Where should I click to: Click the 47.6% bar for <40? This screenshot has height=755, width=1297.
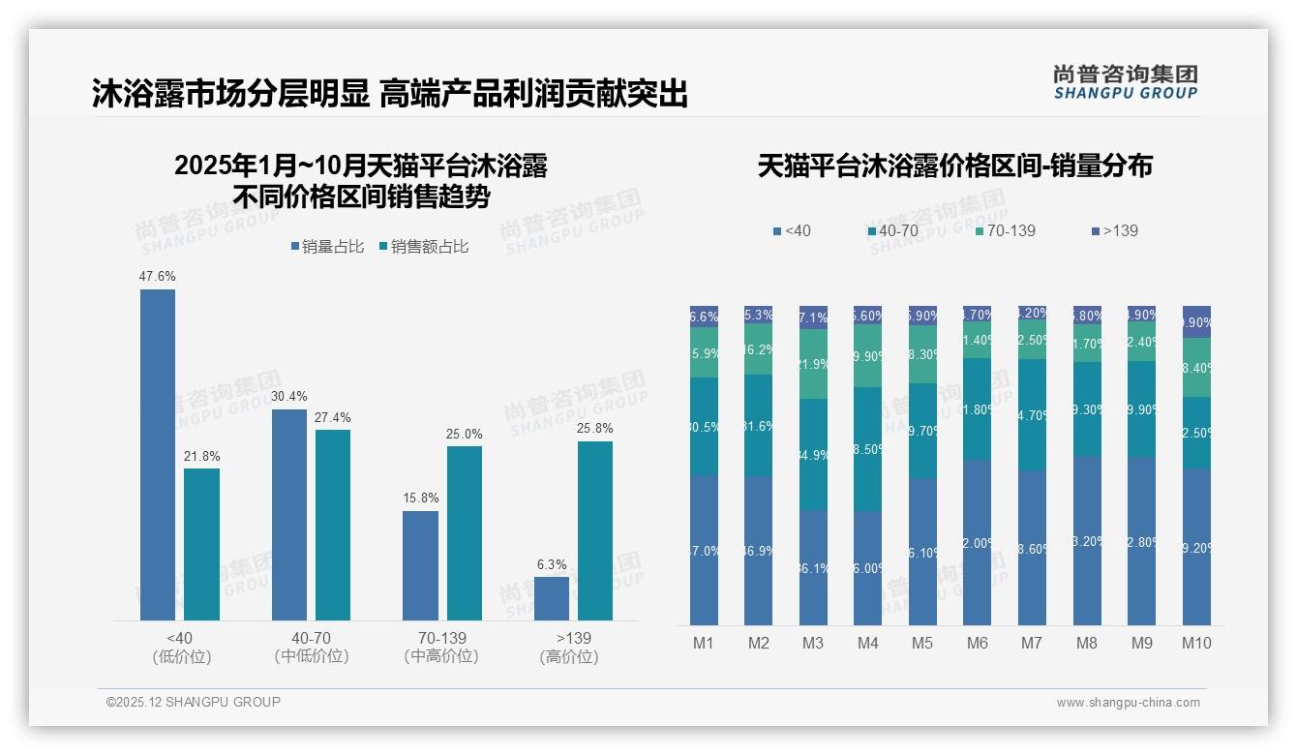pos(158,455)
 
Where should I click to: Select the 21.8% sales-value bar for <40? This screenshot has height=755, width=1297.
pos(201,544)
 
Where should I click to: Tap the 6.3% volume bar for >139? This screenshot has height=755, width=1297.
pos(552,598)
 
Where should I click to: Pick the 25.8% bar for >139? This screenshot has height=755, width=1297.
pos(595,530)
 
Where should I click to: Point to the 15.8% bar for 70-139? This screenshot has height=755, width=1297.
pos(420,565)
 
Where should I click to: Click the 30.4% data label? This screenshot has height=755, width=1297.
pos(289,397)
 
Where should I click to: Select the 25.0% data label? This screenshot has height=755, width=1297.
pos(465,434)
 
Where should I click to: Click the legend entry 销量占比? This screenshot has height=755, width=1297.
pos(327,247)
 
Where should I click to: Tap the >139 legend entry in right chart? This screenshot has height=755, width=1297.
pos(1115,231)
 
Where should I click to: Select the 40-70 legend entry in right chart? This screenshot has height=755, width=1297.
pos(892,231)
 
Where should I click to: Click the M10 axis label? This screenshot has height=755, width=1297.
pos(1196,643)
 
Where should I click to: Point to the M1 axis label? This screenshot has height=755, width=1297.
pos(704,643)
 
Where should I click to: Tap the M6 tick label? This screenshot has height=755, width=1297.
pos(978,643)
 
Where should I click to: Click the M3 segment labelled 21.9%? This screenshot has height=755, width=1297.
pos(813,364)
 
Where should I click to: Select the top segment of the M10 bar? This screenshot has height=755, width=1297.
pos(1196,321)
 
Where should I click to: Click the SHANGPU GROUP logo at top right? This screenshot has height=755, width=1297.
pos(1126,82)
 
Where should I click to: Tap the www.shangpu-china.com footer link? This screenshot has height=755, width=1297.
pos(1128,703)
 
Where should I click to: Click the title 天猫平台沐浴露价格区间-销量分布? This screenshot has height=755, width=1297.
pos(954,166)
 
